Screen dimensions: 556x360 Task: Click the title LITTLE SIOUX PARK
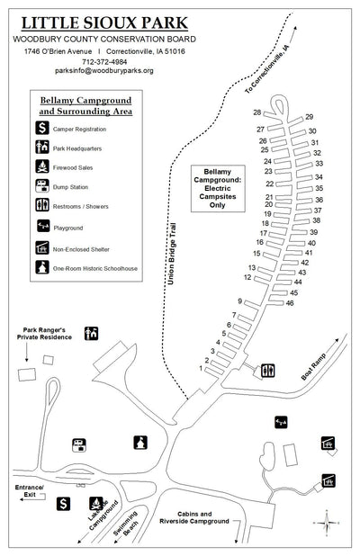point(105,22)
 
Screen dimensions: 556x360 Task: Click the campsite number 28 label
point(257,112)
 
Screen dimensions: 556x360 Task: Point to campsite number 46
point(290,303)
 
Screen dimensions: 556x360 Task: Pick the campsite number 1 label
point(201,369)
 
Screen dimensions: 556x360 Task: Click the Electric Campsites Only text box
point(218,187)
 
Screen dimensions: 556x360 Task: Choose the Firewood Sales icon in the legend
point(41,166)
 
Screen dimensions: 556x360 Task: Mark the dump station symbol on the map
point(78,443)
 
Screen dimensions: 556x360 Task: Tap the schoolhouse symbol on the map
point(139,442)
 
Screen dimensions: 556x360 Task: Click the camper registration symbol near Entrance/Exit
point(64,504)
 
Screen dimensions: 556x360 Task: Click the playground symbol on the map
point(280,420)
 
